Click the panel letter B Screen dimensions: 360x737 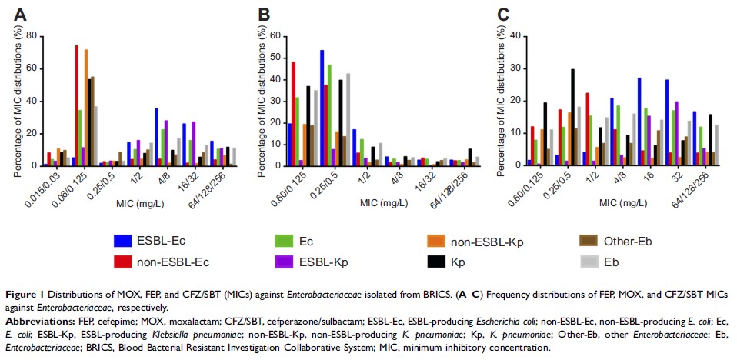coord(265,14)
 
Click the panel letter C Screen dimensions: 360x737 coord(505,14)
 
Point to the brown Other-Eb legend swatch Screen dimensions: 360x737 coord(588,239)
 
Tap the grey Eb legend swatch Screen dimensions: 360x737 coord(588,262)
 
